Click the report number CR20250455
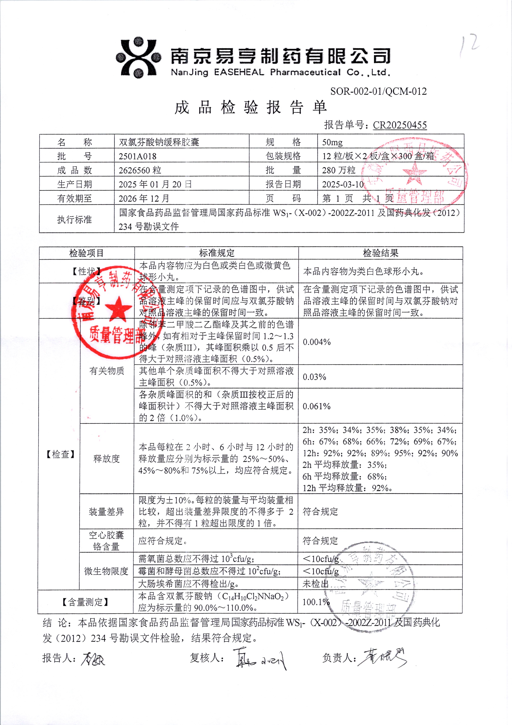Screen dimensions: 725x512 tap(400, 125)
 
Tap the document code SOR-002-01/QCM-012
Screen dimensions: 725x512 tap(378, 91)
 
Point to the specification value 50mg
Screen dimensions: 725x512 tap(332, 142)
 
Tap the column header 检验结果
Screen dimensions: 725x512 tap(380, 253)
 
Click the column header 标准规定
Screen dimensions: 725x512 tap(217, 253)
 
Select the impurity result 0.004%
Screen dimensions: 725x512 tap(317, 342)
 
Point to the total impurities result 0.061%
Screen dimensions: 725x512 tap(317, 406)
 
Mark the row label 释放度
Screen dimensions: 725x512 tap(107, 458)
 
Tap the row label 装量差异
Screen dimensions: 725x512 tap(106, 511)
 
